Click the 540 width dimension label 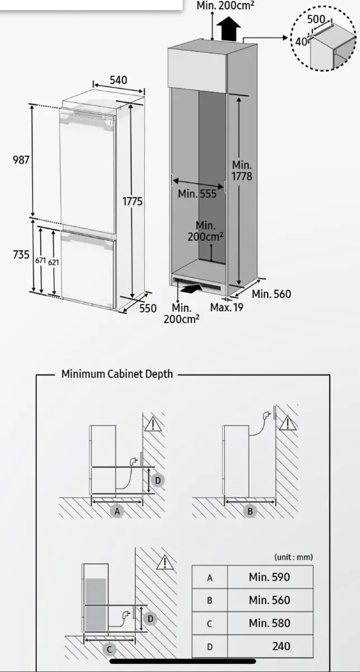click(x=118, y=80)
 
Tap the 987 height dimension click(x=21, y=160)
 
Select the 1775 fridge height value click(x=133, y=201)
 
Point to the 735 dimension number click(x=21, y=254)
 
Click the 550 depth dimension click(x=148, y=308)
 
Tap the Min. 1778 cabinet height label click(x=242, y=171)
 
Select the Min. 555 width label click(x=197, y=194)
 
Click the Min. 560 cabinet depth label click(x=272, y=294)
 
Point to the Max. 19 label click(x=227, y=307)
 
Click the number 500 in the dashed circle click(x=316, y=19)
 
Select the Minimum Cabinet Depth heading click(x=117, y=374)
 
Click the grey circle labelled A click(x=118, y=511)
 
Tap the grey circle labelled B click(x=250, y=511)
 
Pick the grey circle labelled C click(x=110, y=650)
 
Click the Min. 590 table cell click(x=269, y=577)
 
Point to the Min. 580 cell click(x=269, y=623)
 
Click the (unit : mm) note click(x=293, y=557)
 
